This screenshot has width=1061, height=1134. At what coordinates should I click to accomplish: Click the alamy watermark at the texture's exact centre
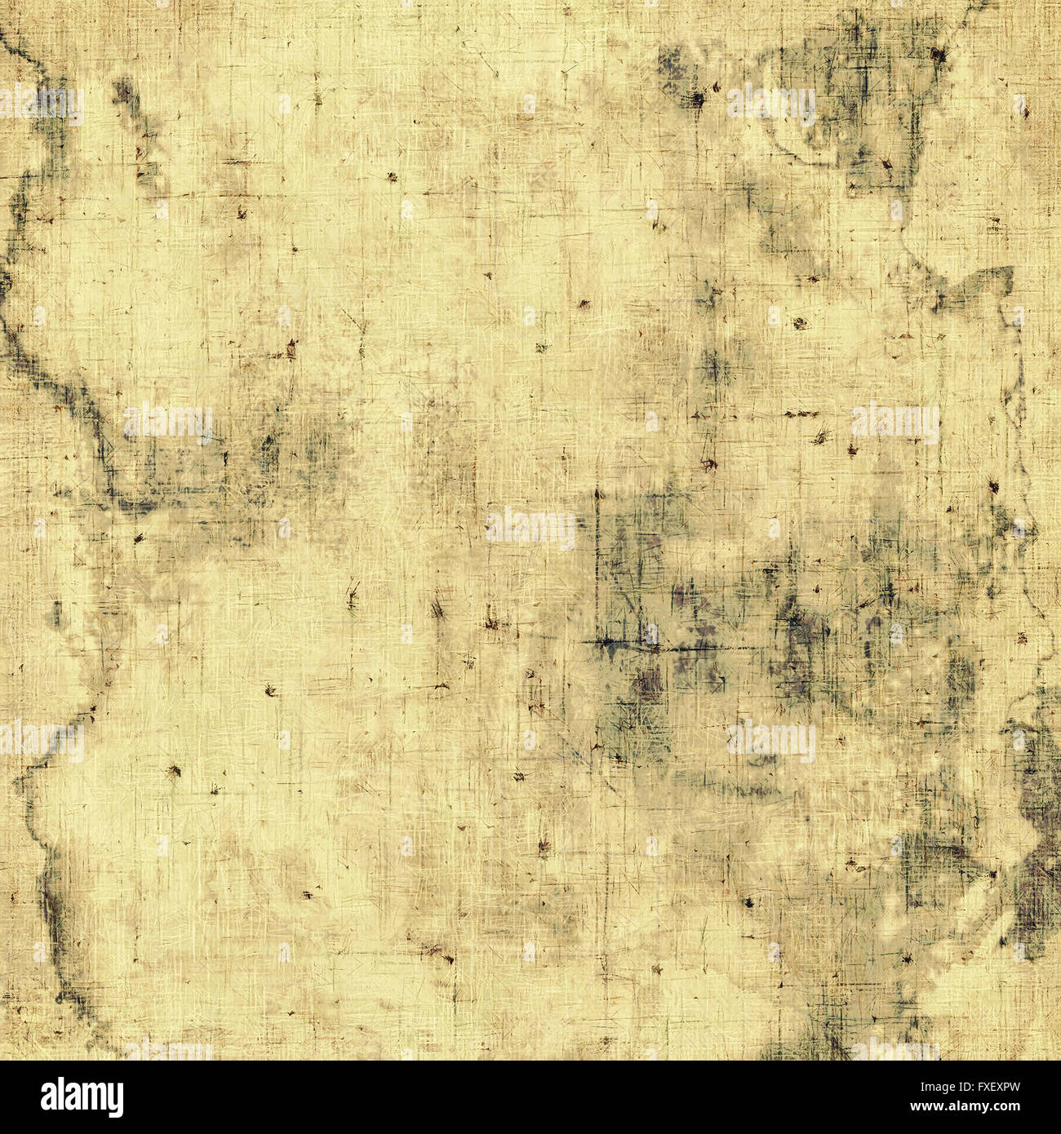[x=530, y=529]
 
